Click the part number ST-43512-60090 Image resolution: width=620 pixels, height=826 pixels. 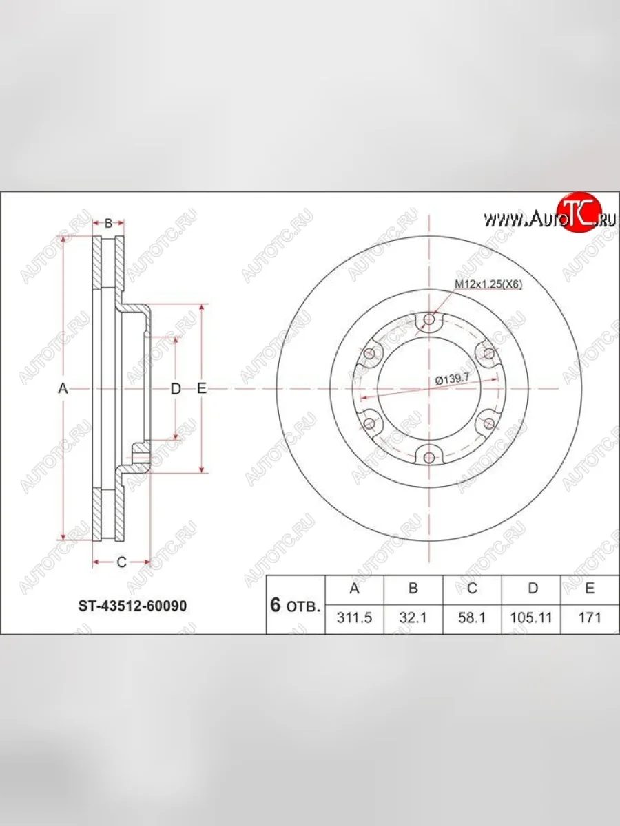tap(132, 606)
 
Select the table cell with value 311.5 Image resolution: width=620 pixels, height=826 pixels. tap(354, 617)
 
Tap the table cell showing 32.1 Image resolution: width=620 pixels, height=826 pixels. tap(413, 617)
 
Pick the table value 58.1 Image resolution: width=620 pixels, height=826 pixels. tap(472, 617)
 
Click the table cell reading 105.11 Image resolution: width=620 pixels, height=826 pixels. tap(531, 617)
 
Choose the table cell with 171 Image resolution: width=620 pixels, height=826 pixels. tap(590, 617)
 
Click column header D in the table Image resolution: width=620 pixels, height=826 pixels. tap(533, 588)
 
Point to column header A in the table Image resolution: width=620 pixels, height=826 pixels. tap(354, 588)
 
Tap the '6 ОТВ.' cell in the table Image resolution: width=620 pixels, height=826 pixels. tap(296, 605)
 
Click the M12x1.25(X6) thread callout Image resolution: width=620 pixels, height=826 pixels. tap(488, 285)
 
